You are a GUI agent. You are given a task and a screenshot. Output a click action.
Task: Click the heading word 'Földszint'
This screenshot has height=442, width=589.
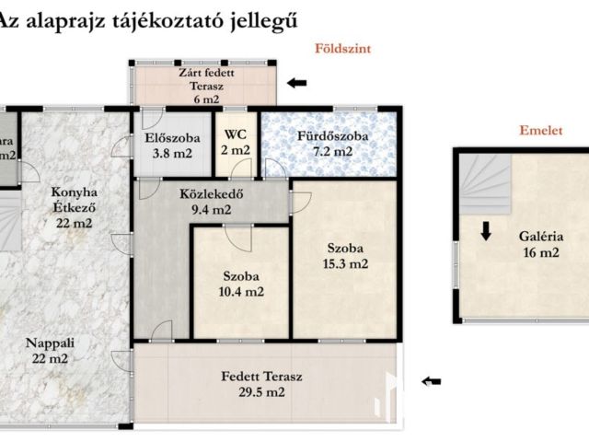point(343,50)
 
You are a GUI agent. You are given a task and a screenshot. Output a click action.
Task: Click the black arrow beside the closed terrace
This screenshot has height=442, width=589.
point(297,83)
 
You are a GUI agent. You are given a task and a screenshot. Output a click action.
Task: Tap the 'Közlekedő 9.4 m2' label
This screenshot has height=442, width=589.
point(205,202)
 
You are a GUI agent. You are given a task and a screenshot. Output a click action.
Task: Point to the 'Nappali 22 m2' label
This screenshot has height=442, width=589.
point(52,349)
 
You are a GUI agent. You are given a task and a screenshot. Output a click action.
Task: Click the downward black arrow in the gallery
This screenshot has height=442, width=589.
point(485,230)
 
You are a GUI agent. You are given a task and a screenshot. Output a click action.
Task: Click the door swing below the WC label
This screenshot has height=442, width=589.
point(242,169)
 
